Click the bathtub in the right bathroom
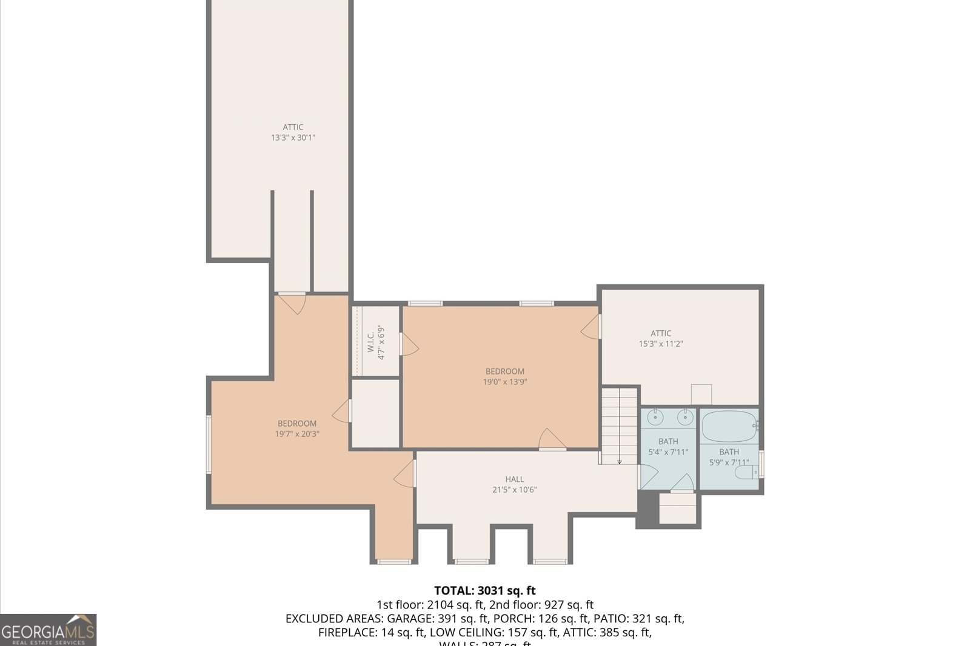click(729, 427)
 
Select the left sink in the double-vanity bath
click(655, 417)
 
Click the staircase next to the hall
click(619, 427)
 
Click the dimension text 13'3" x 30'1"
click(293, 138)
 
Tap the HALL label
click(514, 479)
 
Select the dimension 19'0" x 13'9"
click(504, 382)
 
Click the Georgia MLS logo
click(48, 630)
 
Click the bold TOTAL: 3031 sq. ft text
click(484, 590)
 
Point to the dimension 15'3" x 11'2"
click(661, 344)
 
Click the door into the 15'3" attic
click(591, 327)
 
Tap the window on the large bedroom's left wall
click(209, 444)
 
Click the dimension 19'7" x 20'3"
click(297, 434)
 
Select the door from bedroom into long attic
click(293, 302)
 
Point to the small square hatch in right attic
click(701, 394)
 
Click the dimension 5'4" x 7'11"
click(668, 452)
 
